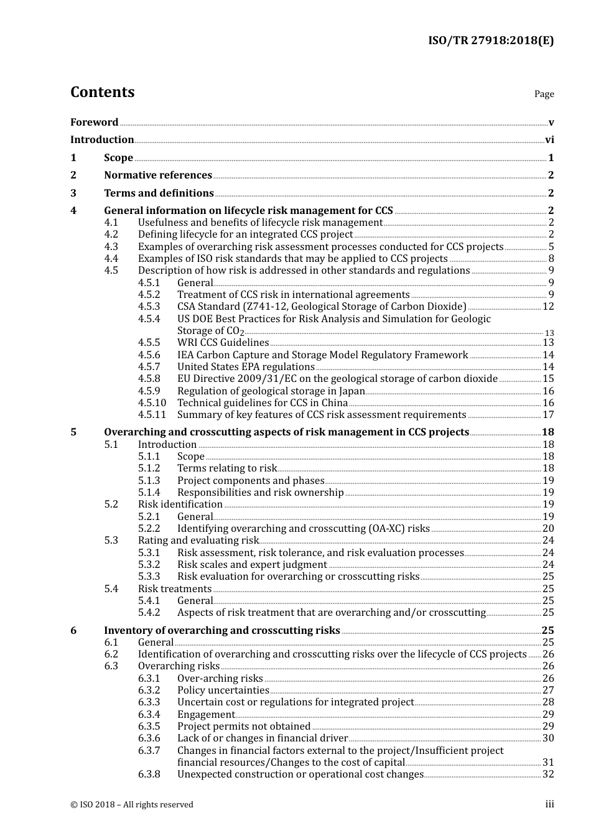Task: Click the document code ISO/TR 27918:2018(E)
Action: [x=490, y=40]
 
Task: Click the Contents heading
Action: [x=102, y=92]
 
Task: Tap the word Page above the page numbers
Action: [x=544, y=94]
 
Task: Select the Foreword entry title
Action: [x=94, y=122]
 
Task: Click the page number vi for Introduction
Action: [x=549, y=140]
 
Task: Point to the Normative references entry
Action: [x=158, y=175]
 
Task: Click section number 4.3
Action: [x=111, y=246]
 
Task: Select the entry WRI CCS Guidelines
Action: [x=223, y=343]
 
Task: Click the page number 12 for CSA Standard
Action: [x=548, y=307]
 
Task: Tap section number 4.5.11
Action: [x=152, y=415]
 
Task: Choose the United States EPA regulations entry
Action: [x=246, y=367]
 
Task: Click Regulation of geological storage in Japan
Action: [x=271, y=391]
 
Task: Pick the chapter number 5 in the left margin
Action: [x=73, y=432]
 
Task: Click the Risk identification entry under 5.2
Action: [x=180, y=504]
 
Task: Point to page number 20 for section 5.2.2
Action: [x=548, y=529]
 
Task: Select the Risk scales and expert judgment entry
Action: [x=252, y=565]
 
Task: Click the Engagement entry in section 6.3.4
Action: [x=206, y=715]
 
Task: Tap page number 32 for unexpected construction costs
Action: [x=548, y=774]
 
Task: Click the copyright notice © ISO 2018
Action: [x=131, y=804]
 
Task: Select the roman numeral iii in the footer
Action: [x=549, y=804]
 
